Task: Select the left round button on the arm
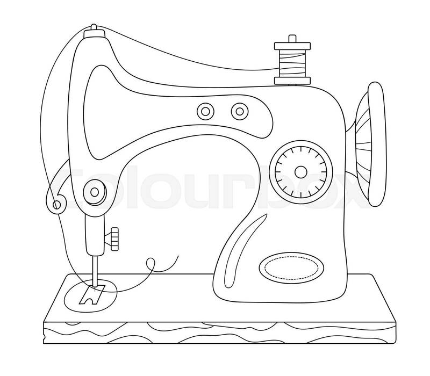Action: pos(204,111)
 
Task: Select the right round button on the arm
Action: pos(238,111)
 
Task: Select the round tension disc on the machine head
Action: pos(95,191)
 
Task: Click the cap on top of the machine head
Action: pos(94,32)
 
